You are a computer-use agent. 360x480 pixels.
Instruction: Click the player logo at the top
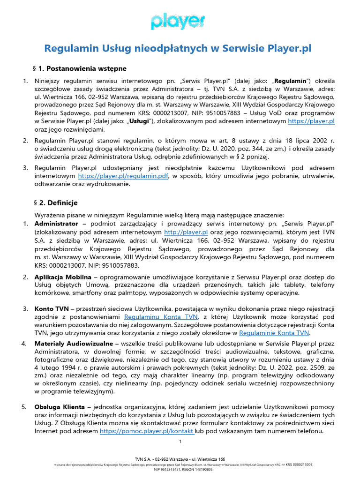point(178,22)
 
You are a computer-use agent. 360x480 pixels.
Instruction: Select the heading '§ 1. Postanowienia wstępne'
point(79,68)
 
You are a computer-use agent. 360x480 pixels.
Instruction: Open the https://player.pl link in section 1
point(311,121)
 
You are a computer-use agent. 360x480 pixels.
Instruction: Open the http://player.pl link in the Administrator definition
point(186,232)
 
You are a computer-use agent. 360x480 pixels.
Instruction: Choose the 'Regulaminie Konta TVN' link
point(274,333)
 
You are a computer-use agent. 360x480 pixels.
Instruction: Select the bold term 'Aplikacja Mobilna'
point(63,277)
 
